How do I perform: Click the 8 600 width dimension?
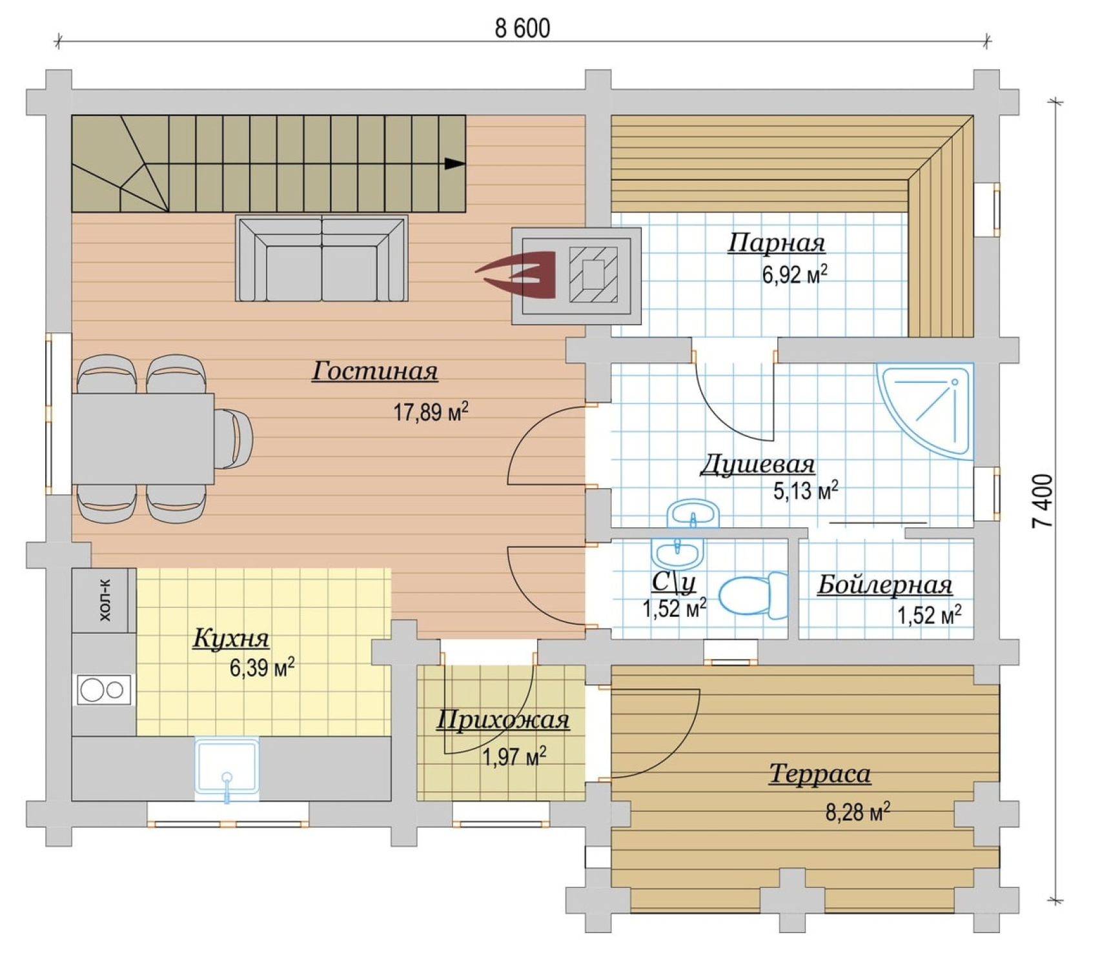click(522, 29)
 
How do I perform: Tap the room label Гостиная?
click(374, 371)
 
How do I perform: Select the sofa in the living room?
click(322, 259)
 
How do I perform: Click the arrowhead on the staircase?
click(455, 163)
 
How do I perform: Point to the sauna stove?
click(576, 276)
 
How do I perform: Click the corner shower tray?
click(924, 411)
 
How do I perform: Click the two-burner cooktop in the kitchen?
click(104, 690)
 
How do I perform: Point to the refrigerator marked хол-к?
click(104, 600)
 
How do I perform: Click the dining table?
click(143, 438)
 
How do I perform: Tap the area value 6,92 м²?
click(795, 275)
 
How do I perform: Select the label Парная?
click(777, 243)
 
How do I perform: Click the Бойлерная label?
click(884, 585)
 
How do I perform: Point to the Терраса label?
click(820, 773)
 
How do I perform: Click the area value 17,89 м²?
click(431, 411)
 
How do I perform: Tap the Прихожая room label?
click(504, 720)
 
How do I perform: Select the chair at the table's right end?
click(233, 438)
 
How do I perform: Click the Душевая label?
click(758, 465)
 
